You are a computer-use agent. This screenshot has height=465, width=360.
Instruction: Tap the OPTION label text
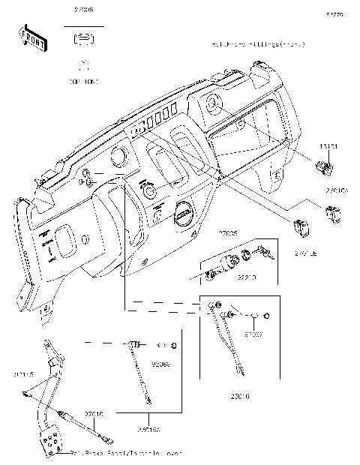point(85,79)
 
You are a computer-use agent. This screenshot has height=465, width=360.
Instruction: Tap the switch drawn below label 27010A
point(332,215)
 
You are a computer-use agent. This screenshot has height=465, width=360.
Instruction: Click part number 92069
point(160,365)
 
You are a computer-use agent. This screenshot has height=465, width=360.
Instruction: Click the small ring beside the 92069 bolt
point(174,346)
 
